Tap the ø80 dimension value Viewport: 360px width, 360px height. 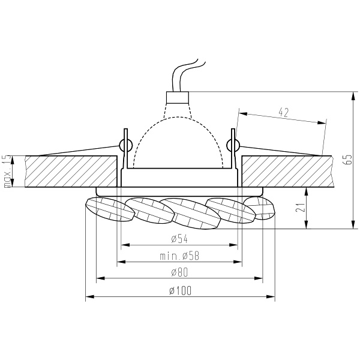point(179,274)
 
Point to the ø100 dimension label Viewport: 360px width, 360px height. point(179,291)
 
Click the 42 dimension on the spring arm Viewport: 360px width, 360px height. point(284,112)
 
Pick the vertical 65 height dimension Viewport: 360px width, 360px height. point(346,160)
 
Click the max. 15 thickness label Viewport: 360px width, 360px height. point(7,172)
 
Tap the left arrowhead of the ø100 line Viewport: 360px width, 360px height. point(89,297)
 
